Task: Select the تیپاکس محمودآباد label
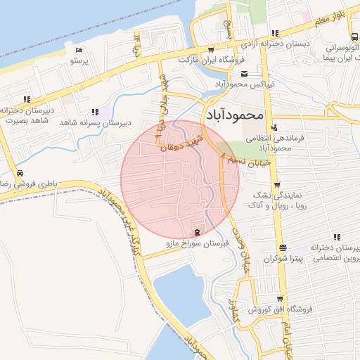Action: click(243, 84)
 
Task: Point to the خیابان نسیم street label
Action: click(242, 161)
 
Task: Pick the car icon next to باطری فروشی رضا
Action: click(19, 174)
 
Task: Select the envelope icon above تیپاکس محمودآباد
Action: click(243, 74)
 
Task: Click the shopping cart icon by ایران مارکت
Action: click(211, 50)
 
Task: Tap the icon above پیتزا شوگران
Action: click(283, 247)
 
